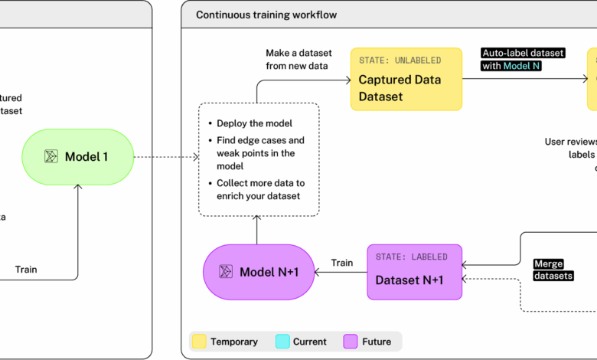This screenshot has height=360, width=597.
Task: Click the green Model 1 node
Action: click(x=77, y=157)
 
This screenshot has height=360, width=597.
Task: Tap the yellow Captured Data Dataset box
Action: click(x=406, y=80)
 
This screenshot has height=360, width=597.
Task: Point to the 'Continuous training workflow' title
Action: click(x=266, y=15)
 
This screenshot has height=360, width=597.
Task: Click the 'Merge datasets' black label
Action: click(x=553, y=270)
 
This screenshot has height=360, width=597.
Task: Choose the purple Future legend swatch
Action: click(x=351, y=342)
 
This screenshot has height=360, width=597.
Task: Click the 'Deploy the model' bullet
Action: click(x=253, y=123)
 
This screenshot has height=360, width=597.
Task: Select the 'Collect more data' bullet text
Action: click(x=260, y=189)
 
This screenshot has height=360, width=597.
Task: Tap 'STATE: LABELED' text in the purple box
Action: click(x=412, y=257)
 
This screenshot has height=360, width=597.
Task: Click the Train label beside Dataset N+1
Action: click(x=342, y=263)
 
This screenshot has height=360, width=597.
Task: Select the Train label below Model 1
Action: click(x=26, y=269)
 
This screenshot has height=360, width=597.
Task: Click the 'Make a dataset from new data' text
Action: click(x=298, y=60)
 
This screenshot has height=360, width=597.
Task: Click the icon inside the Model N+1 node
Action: click(x=225, y=272)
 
